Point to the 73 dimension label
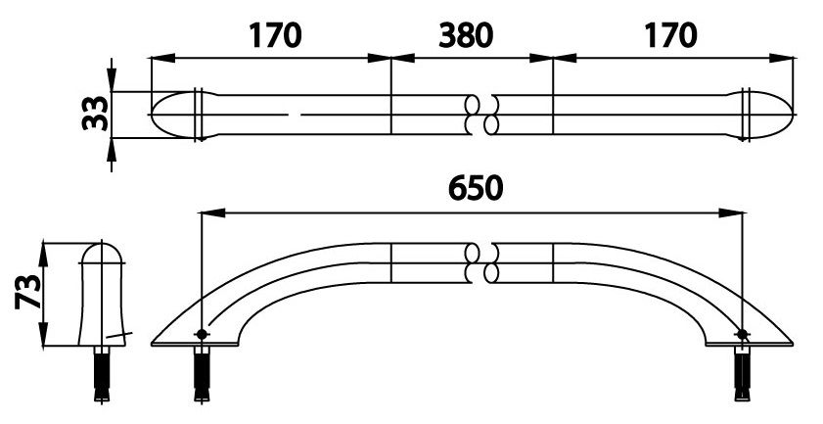coord(28,293)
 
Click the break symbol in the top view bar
coord(480,115)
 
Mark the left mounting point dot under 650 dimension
coord(201,335)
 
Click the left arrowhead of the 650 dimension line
coord(206,212)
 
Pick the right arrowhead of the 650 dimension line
coord(734,212)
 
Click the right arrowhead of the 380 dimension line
coord(546,58)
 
